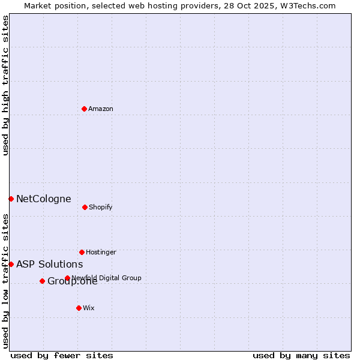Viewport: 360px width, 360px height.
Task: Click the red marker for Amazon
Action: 84,109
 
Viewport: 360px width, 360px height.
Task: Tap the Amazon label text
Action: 101,109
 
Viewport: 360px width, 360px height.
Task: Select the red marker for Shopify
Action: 85,207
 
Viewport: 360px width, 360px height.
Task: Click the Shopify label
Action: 100,208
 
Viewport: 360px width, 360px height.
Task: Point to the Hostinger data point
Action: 82,252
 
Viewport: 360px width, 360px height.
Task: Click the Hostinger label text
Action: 101,253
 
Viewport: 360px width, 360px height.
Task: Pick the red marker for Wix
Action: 79,308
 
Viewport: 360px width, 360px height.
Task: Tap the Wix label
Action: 89,308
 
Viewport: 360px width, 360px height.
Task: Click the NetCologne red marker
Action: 11,199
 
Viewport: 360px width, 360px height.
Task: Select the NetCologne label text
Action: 43,199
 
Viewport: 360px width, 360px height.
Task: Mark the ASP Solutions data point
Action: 11,264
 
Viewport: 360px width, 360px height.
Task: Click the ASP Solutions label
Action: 49,265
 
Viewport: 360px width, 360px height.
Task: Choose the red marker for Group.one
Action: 42,281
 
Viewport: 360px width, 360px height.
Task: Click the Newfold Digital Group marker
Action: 67,278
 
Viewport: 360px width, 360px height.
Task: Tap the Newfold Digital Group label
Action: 106,278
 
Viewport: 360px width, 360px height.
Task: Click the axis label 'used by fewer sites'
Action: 62,355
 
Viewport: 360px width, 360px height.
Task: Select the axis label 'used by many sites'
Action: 301,355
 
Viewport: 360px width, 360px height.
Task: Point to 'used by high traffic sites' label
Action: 5,85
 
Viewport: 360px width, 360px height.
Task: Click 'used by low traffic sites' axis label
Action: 5,280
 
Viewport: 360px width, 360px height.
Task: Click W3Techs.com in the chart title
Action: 306,5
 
